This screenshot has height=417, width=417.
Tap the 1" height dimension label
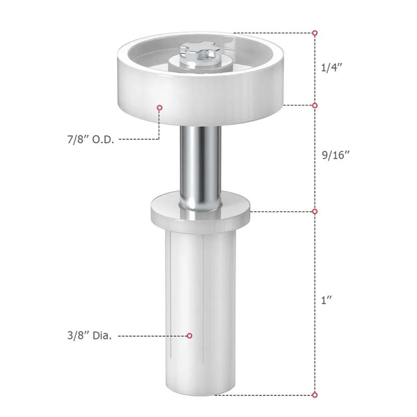click(x=327, y=300)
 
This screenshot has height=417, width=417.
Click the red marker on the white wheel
click(x=160, y=107)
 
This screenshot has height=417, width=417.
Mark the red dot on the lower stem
click(x=190, y=336)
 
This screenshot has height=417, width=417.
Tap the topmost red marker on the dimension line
click(x=315, y=33)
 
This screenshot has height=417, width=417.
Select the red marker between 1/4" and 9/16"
click(x=315, y=105)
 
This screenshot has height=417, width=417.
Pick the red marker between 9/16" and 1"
click(x=315, y=211)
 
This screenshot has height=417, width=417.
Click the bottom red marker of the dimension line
click(x=315, y=395)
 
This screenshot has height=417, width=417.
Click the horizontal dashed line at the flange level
click(x=281, y=211)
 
